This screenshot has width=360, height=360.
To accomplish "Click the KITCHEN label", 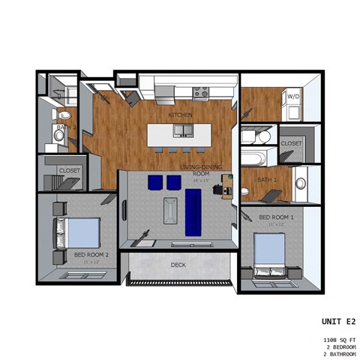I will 180,115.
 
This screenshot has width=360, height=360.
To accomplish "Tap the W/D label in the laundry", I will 291,96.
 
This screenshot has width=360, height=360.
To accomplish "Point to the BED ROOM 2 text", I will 91,254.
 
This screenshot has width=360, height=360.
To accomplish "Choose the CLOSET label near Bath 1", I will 291,142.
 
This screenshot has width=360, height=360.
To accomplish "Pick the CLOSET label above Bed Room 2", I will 70,170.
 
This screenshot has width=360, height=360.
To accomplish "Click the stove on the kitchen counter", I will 200,94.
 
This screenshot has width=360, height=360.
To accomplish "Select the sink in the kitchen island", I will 181,130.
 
